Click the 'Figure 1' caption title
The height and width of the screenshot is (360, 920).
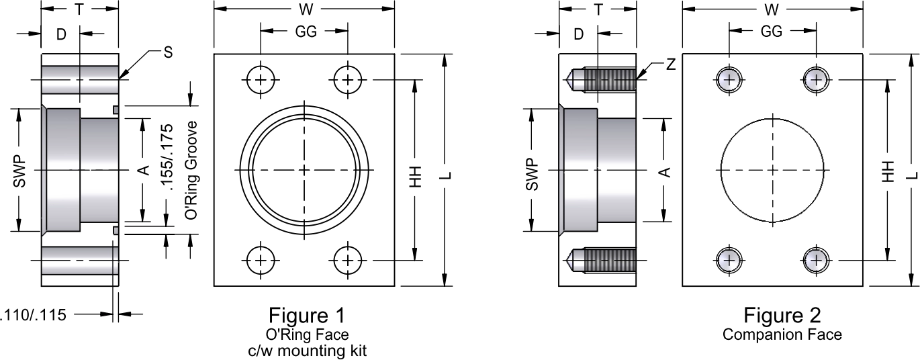tap(307, 316)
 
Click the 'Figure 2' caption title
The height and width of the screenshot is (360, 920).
tap(782, 316)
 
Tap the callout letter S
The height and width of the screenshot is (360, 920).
tap(168, 52)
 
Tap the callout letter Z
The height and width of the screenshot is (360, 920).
tap(671, 64)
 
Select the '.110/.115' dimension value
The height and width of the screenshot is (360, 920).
tap(33, 315)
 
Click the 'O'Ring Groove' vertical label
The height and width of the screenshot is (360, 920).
tap(191, 170)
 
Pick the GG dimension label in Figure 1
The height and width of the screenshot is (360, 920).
tap(306, 32)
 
